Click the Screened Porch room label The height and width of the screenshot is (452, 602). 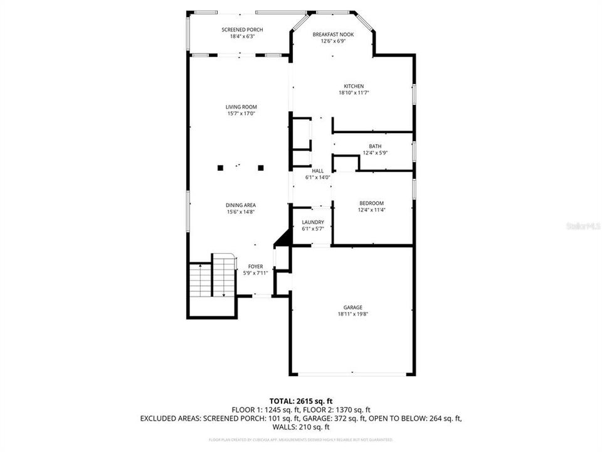pyautogui.click(x=242, y=30)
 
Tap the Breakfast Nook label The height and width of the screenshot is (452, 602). pyautogui.click(x=333, y=35)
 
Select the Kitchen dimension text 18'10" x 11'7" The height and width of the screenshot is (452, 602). pyautogui.click(x=353, y=93)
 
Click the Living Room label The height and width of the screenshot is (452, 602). pyautogui.click(x=241, y=107)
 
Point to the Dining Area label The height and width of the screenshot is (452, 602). pyautogui.click(x=241, y=205)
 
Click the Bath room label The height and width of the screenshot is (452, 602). pyautogui.click(x=375, y=146)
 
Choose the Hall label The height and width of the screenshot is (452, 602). pyautogui.click(x=317, y=171)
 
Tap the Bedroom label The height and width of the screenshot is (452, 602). pyautogui.click(x=371, y=203)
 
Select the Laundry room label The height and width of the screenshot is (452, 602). pyautogui.click(x=313, y=222)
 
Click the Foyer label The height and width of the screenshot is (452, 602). pyautogui.click(x=255, y=266)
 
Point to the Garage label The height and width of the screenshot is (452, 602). pyautogui.click(x=352, y=307)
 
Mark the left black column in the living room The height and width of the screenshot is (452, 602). pyautogui.click(x=220, y=168)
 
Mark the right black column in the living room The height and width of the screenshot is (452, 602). pyautogui.click(x=261, y=168)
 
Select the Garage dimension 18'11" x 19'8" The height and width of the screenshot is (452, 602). pyautogui.click(x=352, y=314)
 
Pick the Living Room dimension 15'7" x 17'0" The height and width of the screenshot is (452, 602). pyautogui.click(x=241, y=114)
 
